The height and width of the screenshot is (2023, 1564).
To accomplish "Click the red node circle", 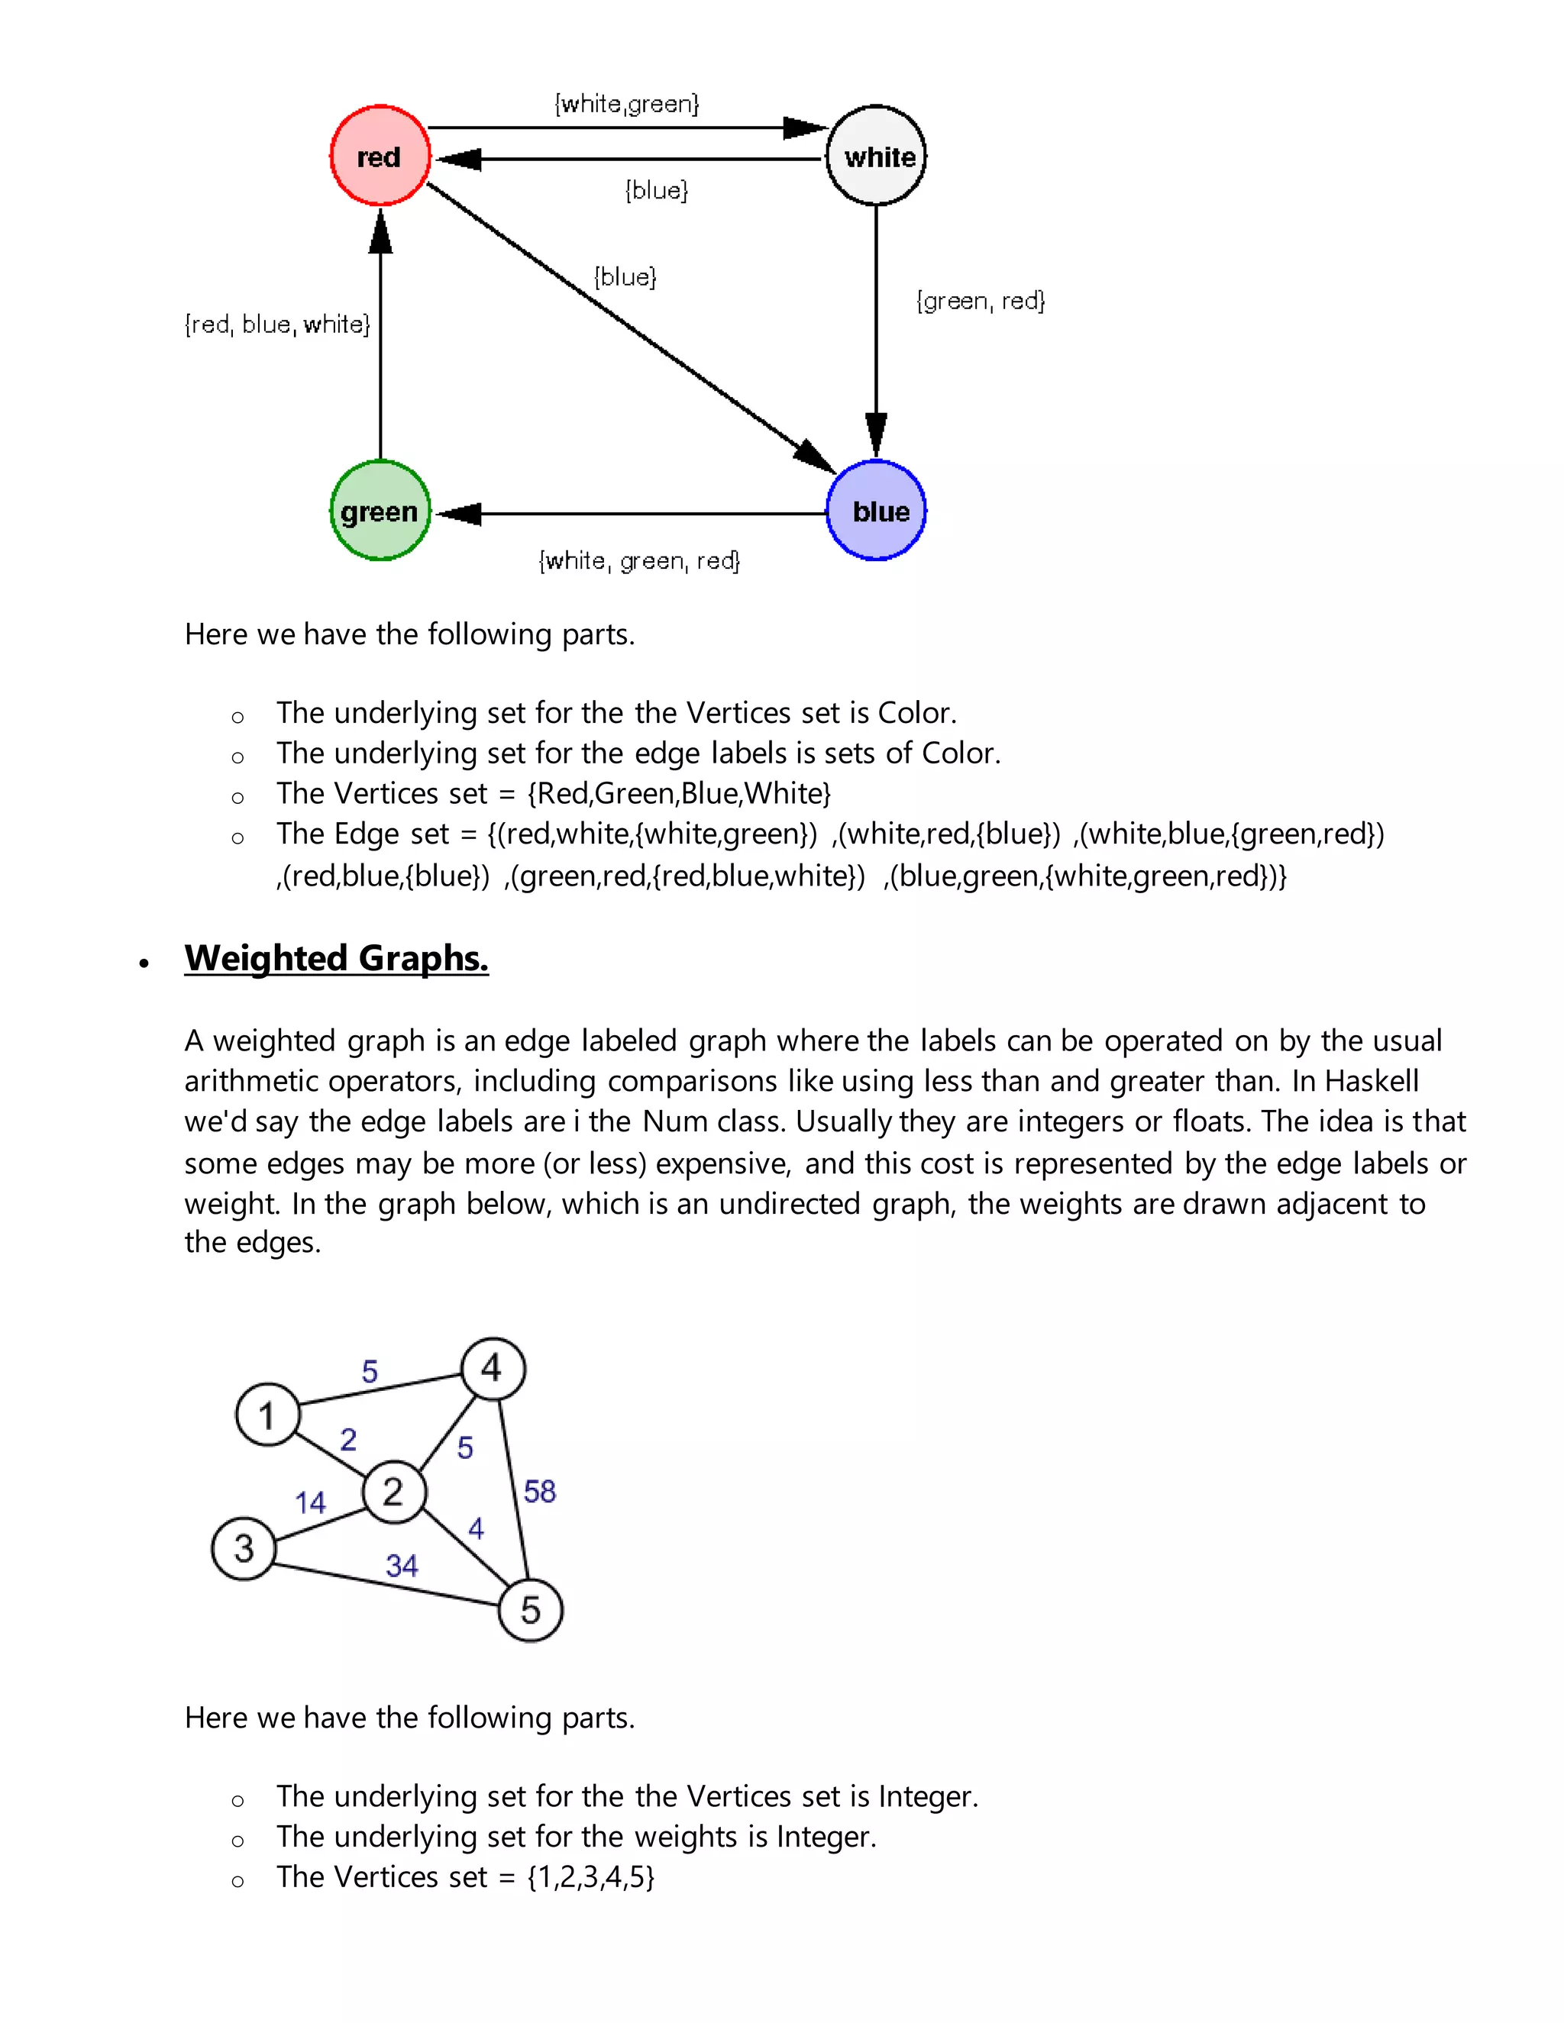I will point(380,156).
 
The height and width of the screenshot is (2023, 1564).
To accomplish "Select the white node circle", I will point(877,156).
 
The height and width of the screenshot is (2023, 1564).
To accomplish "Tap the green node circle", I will point(380,511).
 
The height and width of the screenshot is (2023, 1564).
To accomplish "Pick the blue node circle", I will point(877,511).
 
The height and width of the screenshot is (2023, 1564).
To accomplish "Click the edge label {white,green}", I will point(627,103).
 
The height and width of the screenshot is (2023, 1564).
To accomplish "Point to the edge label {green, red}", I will point(981,301).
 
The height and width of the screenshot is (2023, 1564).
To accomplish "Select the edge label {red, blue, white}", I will point(277,324).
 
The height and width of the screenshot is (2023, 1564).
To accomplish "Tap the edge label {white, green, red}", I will point(639,560).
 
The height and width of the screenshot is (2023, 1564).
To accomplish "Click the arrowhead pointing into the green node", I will point(460,513).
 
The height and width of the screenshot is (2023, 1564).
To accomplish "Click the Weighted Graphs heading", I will point(336,958).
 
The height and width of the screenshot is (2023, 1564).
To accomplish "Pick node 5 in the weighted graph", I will point(531,1610).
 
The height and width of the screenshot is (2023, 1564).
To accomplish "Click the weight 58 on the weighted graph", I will point(540,1492).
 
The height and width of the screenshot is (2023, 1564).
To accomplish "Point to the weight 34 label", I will point(402,1566).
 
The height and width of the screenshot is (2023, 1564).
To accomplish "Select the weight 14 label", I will point(310,1502).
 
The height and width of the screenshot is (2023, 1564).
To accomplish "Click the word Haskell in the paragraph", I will point(1372,1081).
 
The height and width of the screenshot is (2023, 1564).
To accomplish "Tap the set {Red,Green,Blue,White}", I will point(679,794).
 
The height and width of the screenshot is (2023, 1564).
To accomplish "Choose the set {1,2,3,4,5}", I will point(591,1878).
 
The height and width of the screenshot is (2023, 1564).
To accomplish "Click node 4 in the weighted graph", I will point(493,1368).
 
